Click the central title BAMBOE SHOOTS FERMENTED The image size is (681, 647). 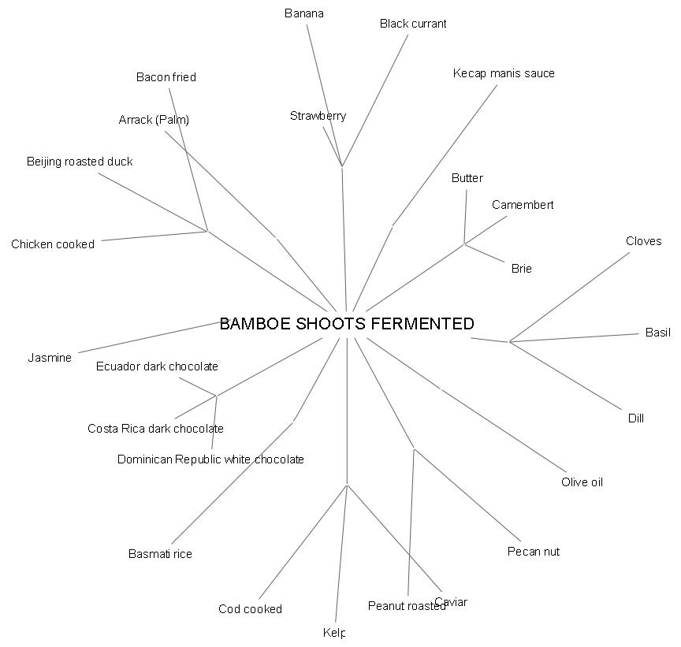click(x=347, y=324)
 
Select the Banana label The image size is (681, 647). click(x=304, y=13)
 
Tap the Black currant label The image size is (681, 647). click(x=413, y=24)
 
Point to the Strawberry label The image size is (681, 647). click(x=318, y=116)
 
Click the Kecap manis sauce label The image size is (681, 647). click(x=504, y=73)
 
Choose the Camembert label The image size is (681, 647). click(x=523, y=205)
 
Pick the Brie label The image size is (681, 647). click(x=521, y=269)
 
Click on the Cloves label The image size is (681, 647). click(x=643, y=241)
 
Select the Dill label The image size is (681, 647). click(x=635, y=418)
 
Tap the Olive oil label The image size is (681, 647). click(x=582, y=482)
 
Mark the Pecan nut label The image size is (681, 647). click(x=534, y=552)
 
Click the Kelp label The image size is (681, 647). click(x=334, y=633)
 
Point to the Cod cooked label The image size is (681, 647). click(x=250, y=609)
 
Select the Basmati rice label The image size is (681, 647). click(x=160, y=554)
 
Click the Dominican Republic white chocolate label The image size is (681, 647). click(x=210, y=459)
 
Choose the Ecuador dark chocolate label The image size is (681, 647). click(x=157, y=366)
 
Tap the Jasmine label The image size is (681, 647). click(x=50, y=358)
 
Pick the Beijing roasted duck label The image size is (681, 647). click(x=80, y=162)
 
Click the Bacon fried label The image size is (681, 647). click(x=166, y=77)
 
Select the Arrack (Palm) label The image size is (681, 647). click(x=154, y=120)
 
